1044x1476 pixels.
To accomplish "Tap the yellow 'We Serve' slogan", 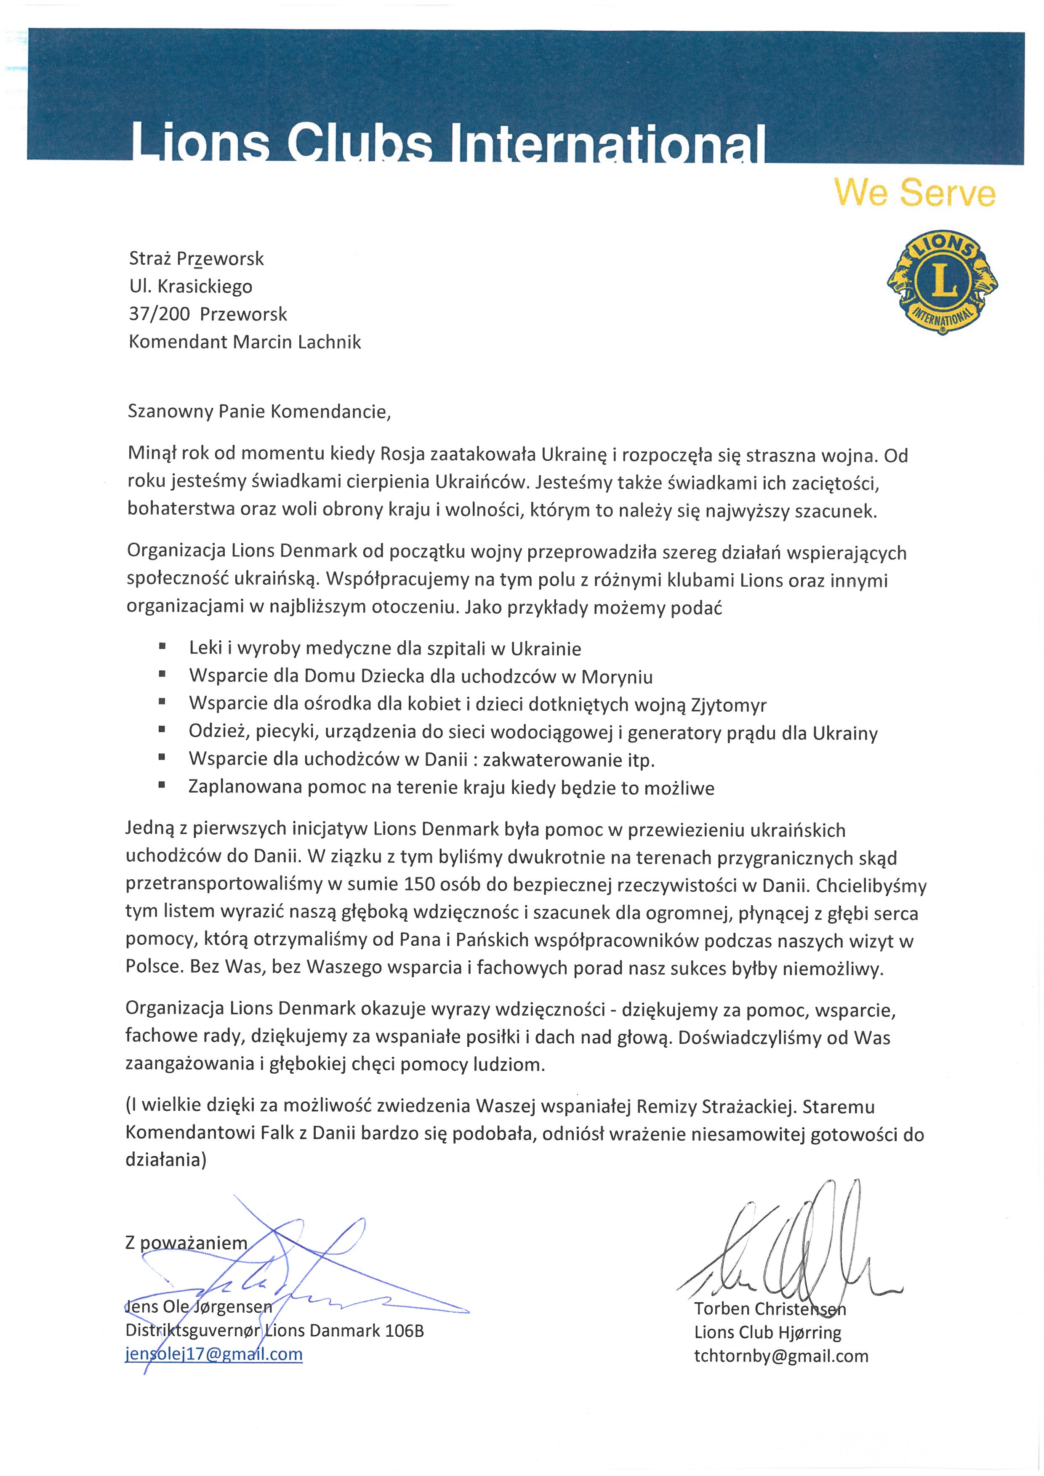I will [914, 193].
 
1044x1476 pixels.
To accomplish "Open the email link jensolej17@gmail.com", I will [213, 1354].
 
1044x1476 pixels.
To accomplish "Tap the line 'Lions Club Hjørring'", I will [767, 1332].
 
